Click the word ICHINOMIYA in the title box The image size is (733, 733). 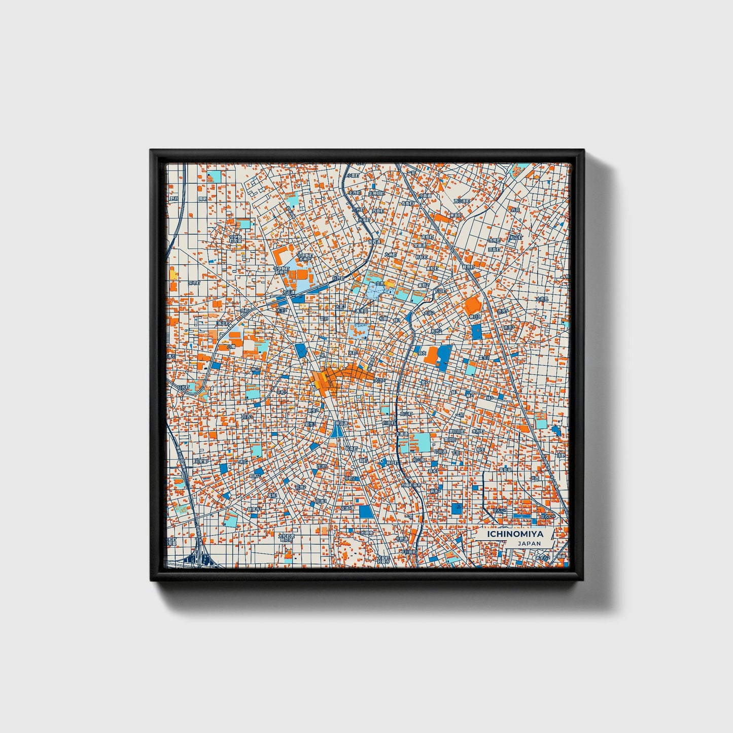pyautogui.click(x=515, y=534)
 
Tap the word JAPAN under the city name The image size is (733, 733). pyautogui.click(x=529, y=543)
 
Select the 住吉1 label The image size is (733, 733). pyautogui.click(x=248, y=416)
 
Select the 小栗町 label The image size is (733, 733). pyautogui.click(x=354, y=175)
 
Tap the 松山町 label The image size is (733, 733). pyautogui.click(x=515, y=237)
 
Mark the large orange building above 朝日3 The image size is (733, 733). pyautogui.click(x=472, y=304)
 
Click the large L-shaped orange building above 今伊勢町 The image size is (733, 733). pyautogui.click(x=281, y=252)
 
